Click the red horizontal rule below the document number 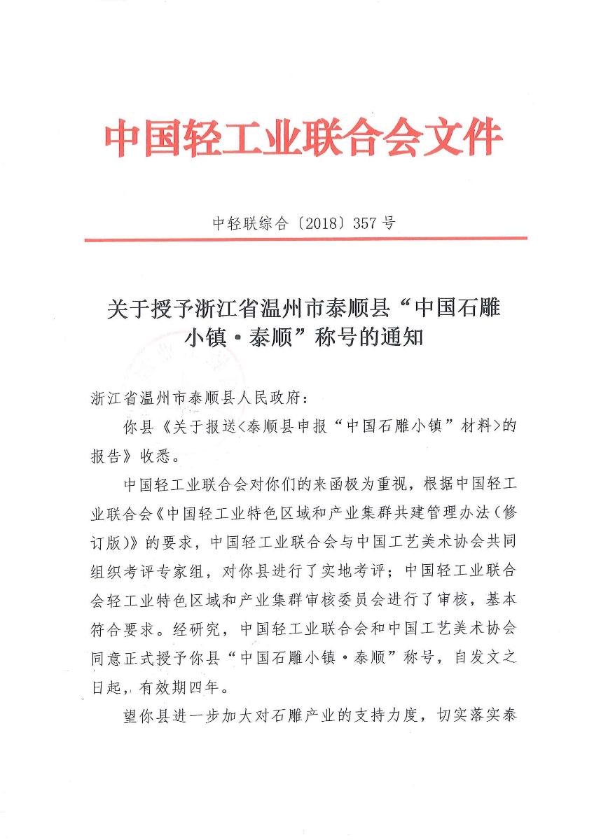pos(305,239)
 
